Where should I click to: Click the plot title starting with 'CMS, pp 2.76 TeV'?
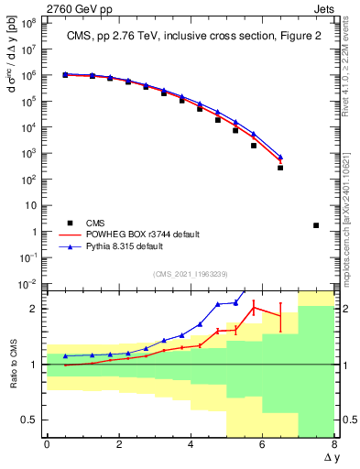pos(191,37)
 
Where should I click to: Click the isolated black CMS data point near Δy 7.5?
pos(316,225)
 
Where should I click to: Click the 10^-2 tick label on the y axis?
pos(28,284)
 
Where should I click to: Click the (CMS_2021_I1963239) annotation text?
pos(190,275)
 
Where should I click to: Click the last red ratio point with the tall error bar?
pos(280,316)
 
